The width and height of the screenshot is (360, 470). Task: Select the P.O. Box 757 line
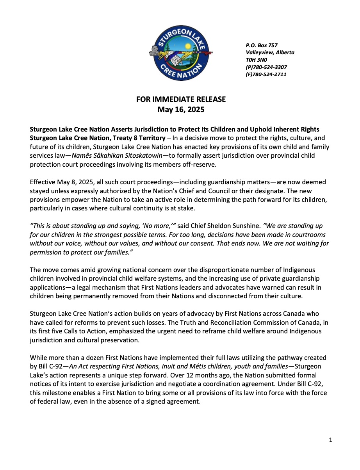pyautogui.click(x=261, y=45)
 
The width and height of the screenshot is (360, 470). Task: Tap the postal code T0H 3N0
pyautogui.click(x=257, y=60)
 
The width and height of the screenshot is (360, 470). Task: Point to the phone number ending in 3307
pyautogui.click(x=266, y=67)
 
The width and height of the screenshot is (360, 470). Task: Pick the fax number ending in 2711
pyautogui.click(x=266, y=74)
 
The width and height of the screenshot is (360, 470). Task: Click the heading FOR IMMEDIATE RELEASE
pyautogui.click(x=181, y=100)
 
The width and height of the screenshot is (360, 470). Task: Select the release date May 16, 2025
pyautogui.click(x=181, y=110)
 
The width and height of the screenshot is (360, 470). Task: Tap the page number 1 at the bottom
pyautogui.click(x=331, y=440)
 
